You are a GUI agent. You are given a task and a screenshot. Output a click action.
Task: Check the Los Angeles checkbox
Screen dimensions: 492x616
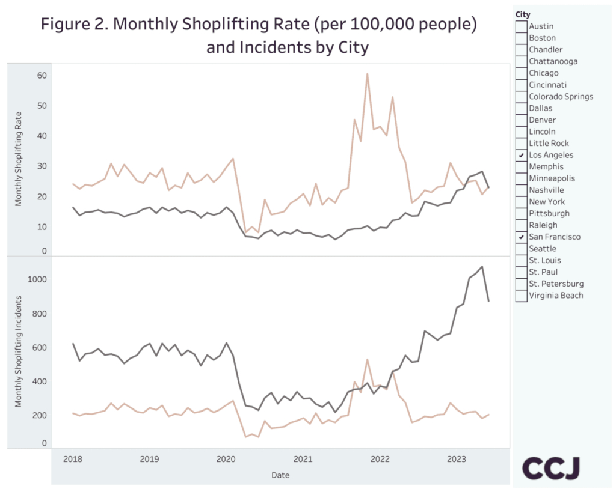(x=521, y=155)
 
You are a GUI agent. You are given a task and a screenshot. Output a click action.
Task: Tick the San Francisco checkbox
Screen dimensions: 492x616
(x=521, y=237)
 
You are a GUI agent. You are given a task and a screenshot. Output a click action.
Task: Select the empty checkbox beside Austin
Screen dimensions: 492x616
(x=521, y=26)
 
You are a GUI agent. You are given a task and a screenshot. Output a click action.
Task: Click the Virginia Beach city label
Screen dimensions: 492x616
(x=556, y=296)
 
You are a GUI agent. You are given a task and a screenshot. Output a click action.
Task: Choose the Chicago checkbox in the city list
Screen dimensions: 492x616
(x=521, y=73)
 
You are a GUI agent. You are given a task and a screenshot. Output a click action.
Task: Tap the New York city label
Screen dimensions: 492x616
(x=547, y=202)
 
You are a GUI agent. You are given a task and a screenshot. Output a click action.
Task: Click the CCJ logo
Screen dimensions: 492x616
(x=550, y=469)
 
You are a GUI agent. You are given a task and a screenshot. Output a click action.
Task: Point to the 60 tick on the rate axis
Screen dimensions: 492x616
(x=42, y=76)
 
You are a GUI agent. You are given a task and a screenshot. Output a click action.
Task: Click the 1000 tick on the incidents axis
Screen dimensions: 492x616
(x=38, y=280)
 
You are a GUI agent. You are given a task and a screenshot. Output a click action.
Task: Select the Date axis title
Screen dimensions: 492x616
(x=280, y=475)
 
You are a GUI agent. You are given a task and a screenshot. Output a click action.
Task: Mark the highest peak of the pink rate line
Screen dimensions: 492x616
(x=367, y=74)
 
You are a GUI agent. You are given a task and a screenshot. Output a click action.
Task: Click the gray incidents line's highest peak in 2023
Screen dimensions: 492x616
(x=482, y=266)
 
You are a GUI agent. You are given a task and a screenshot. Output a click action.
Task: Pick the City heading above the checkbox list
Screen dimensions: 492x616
(x=523, y=14)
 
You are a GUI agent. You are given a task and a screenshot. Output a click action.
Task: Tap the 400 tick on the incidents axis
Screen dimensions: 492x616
(x=42, y=381)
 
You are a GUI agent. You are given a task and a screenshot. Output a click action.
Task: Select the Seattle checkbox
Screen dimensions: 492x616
(x=521, y=249)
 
